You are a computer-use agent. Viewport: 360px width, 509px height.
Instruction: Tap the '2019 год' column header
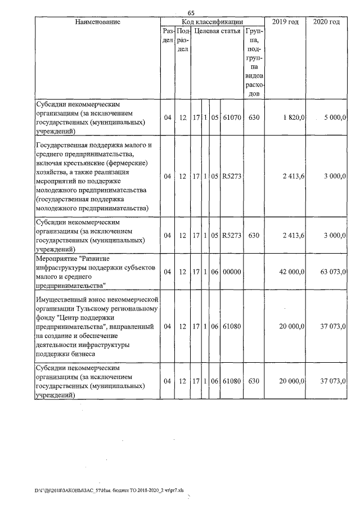(x=285, y=22)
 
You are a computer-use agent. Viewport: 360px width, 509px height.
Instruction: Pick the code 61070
(x=232, y=118)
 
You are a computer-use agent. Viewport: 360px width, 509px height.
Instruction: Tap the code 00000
(x=232, y=272)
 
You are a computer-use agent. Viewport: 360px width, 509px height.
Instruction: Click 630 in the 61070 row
(x=254, y=118)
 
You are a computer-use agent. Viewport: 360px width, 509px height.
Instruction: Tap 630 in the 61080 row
(x=254, y=381)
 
